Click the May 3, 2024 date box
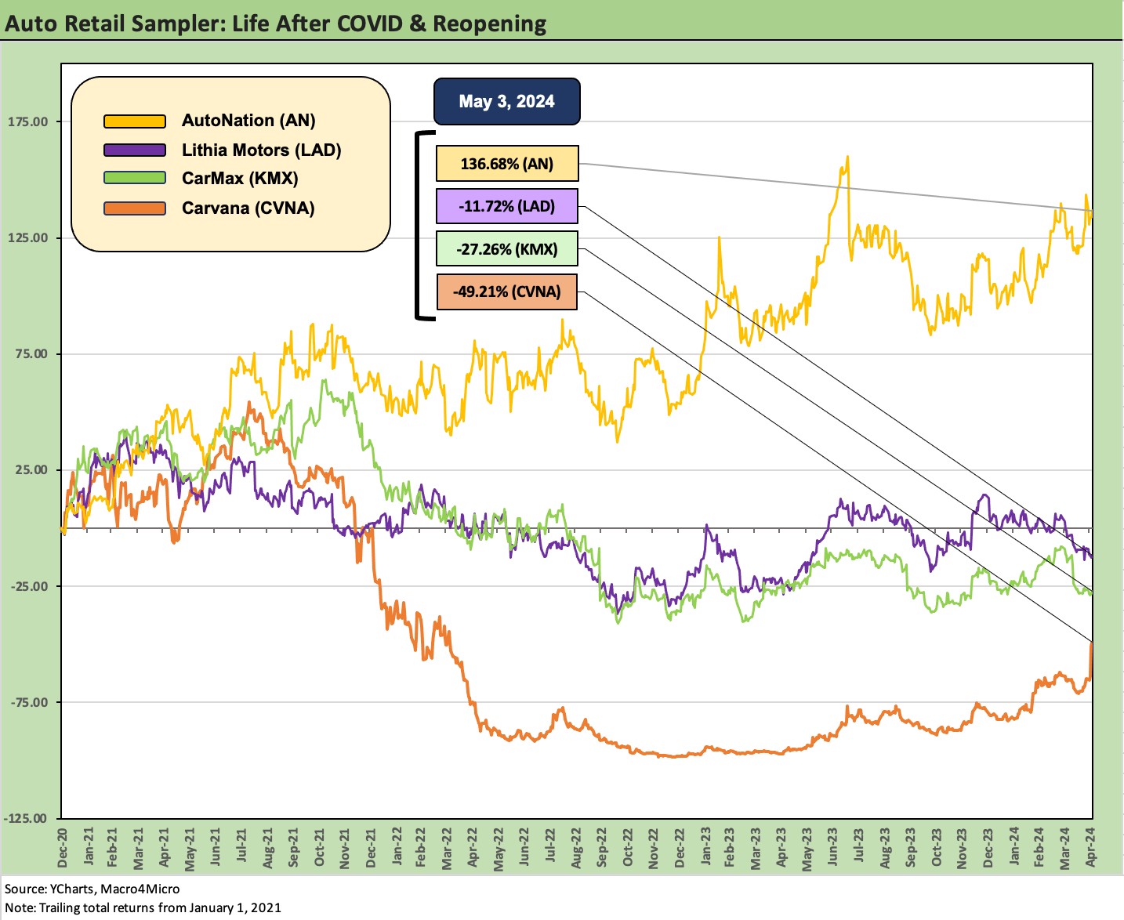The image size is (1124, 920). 506,101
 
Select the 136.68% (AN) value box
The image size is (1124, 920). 506,164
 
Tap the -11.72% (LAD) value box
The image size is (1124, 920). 506,207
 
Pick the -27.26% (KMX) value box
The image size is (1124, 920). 506,249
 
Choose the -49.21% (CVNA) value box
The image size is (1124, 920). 506,292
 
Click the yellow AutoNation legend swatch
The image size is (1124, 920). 135,121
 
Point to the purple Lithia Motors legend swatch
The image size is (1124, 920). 135,150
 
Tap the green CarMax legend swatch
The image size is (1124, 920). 135,179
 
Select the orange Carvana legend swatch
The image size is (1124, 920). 135,208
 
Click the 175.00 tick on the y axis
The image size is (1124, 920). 27,121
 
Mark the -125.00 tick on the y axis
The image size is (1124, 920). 26,818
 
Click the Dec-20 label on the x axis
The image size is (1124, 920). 63,848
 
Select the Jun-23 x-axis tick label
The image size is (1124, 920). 832,846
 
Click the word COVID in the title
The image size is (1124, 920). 371,24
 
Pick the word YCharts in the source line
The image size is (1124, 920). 71,889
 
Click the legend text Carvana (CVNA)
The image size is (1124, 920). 248,208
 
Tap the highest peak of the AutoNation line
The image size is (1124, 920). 847,157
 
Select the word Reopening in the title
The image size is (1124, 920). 489,24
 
